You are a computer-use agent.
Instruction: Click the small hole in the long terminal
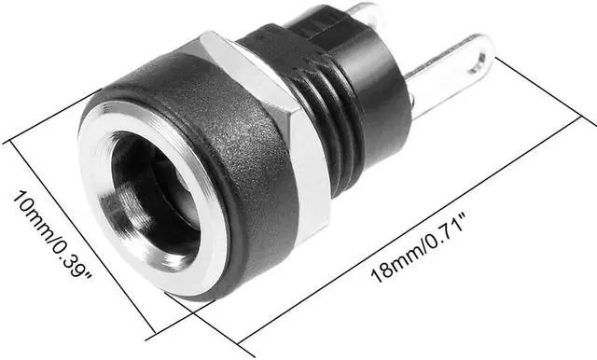tap(479, 62)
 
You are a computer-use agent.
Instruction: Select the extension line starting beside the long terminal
tap(541, 88)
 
